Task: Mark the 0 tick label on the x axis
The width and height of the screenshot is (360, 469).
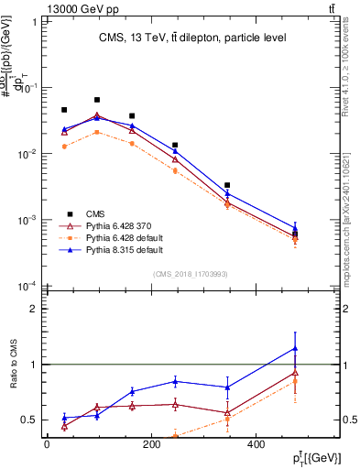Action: (47, 444)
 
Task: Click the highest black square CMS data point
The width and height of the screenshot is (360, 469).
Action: (97, 99)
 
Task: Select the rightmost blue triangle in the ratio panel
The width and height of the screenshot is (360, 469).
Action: (295, 348)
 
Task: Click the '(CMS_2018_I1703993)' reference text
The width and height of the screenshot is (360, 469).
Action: (190, 273)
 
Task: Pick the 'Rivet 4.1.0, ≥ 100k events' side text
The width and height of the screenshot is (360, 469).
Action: (345, 69)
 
